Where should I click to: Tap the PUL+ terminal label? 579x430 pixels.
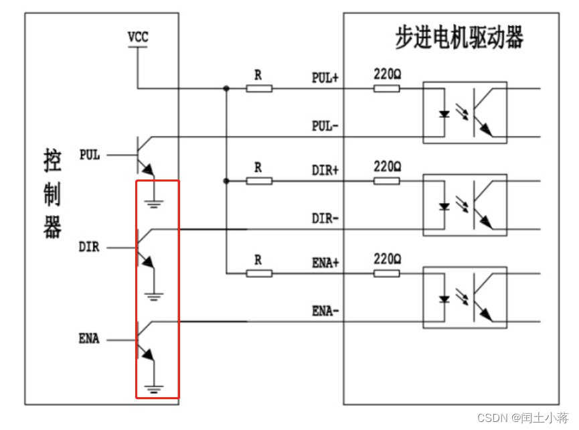pos(325,78)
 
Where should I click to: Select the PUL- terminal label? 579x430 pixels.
pos(325,126)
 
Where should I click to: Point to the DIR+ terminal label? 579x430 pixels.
pos(325,170)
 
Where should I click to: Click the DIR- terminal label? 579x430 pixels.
pos(325,218)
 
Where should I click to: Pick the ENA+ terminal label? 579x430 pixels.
pos(325,263)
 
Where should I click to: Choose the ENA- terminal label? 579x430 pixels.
pos(325,311)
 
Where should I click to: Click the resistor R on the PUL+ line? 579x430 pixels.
pos(258,88)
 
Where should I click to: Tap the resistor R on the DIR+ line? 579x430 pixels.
pos(258,180)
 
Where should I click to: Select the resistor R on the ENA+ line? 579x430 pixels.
pos(258,273)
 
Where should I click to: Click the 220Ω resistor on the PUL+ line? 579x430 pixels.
pos(386,88)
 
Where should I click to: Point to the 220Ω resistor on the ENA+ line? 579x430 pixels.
pos(386,273)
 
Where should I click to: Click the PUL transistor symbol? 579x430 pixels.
pos(144,155)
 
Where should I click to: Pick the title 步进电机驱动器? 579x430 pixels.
pos(459,38)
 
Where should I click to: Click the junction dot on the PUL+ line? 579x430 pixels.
pos(226,88)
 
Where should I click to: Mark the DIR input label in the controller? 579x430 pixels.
pos(88,247)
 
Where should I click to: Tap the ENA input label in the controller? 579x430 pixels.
pos(88,339)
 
